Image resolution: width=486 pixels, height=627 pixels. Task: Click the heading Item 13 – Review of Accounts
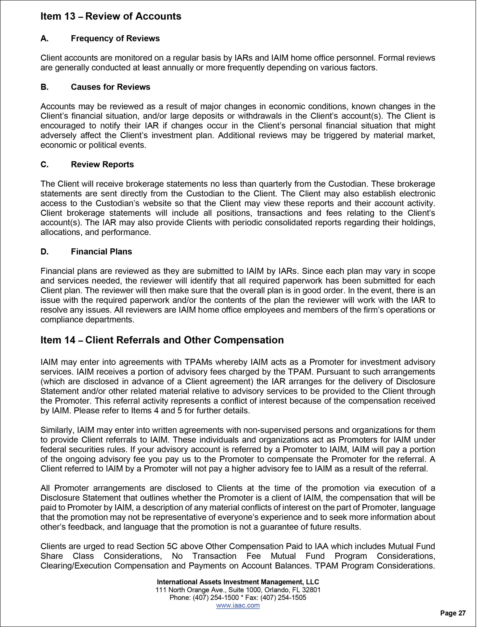[111, 16]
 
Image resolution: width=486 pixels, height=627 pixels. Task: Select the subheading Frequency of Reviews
[115, 38]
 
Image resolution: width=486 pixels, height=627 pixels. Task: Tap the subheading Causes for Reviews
[110, 87]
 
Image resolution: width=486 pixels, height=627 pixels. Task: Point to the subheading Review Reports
[102, 165]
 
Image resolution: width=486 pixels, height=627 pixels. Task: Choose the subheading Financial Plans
[102, 252]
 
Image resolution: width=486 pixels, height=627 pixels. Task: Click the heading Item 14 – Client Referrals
[162, 340]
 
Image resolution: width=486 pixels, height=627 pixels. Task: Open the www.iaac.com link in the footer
[238, 605]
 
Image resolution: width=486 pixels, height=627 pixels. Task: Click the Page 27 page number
[453, 613]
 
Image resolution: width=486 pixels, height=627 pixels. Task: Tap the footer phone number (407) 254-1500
[216, 598]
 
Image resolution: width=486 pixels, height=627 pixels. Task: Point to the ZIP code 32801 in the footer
[312, 590]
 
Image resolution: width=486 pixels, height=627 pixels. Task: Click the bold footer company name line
[238, 582]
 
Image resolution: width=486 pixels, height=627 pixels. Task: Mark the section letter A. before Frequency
[44, 38]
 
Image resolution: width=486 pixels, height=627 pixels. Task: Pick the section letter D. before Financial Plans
[45, 252]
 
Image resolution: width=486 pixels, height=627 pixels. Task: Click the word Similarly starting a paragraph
[57, 430]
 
